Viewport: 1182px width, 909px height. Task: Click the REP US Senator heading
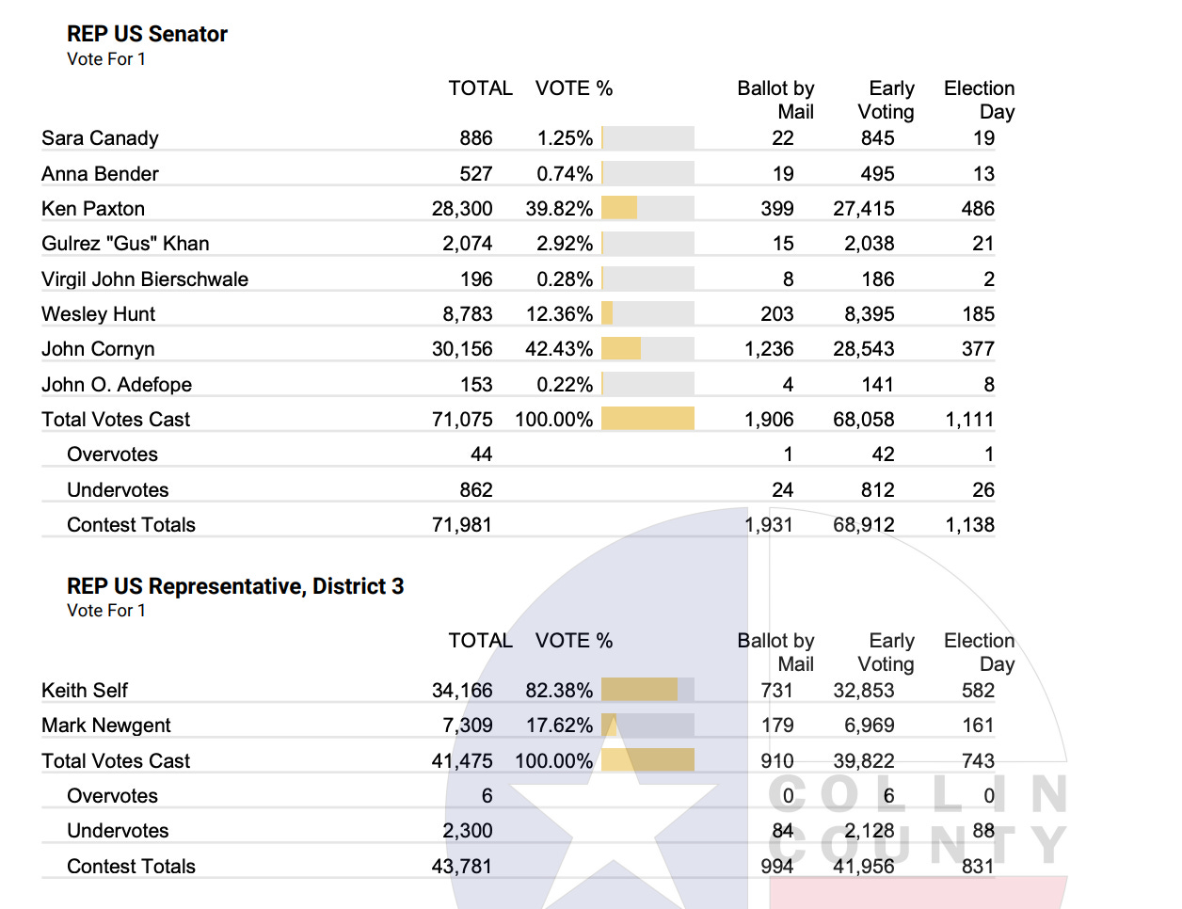tap(147, 34)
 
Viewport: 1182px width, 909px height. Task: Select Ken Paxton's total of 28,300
tap(462, 209)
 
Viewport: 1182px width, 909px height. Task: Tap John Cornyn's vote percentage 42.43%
tap(559, 349)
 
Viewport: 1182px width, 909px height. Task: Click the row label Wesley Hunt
tap(98, 314)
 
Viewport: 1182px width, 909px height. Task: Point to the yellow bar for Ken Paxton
tap(619, 208)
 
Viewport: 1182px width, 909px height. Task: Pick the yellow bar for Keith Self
tap(639, 690)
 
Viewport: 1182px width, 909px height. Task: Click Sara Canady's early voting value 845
tap(877, 138)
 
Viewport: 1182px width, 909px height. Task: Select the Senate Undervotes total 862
tap(475, 490)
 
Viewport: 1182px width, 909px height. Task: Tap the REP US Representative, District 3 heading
tap(235, 586)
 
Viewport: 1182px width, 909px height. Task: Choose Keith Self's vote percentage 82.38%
tap(559, 691)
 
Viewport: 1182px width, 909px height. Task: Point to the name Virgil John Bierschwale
tap(145, 279)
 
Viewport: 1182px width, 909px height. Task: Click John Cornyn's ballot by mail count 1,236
tap(769, 349)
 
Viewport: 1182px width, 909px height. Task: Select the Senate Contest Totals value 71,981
tap(462, 525)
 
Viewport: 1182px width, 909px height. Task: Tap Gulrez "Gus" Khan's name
tap(125, 244)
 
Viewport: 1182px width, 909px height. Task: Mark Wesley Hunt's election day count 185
tap(978, 314)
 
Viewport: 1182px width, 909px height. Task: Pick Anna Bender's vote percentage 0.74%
tap(565, 174)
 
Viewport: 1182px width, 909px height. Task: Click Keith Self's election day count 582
tap(978, 691)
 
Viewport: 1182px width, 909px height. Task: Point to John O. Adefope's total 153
tap(476, 385)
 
